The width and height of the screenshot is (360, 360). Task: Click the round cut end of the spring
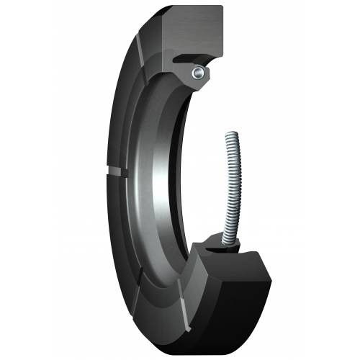[x=197, y=73]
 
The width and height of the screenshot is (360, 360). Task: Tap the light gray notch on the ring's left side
[x=114, y=170]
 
